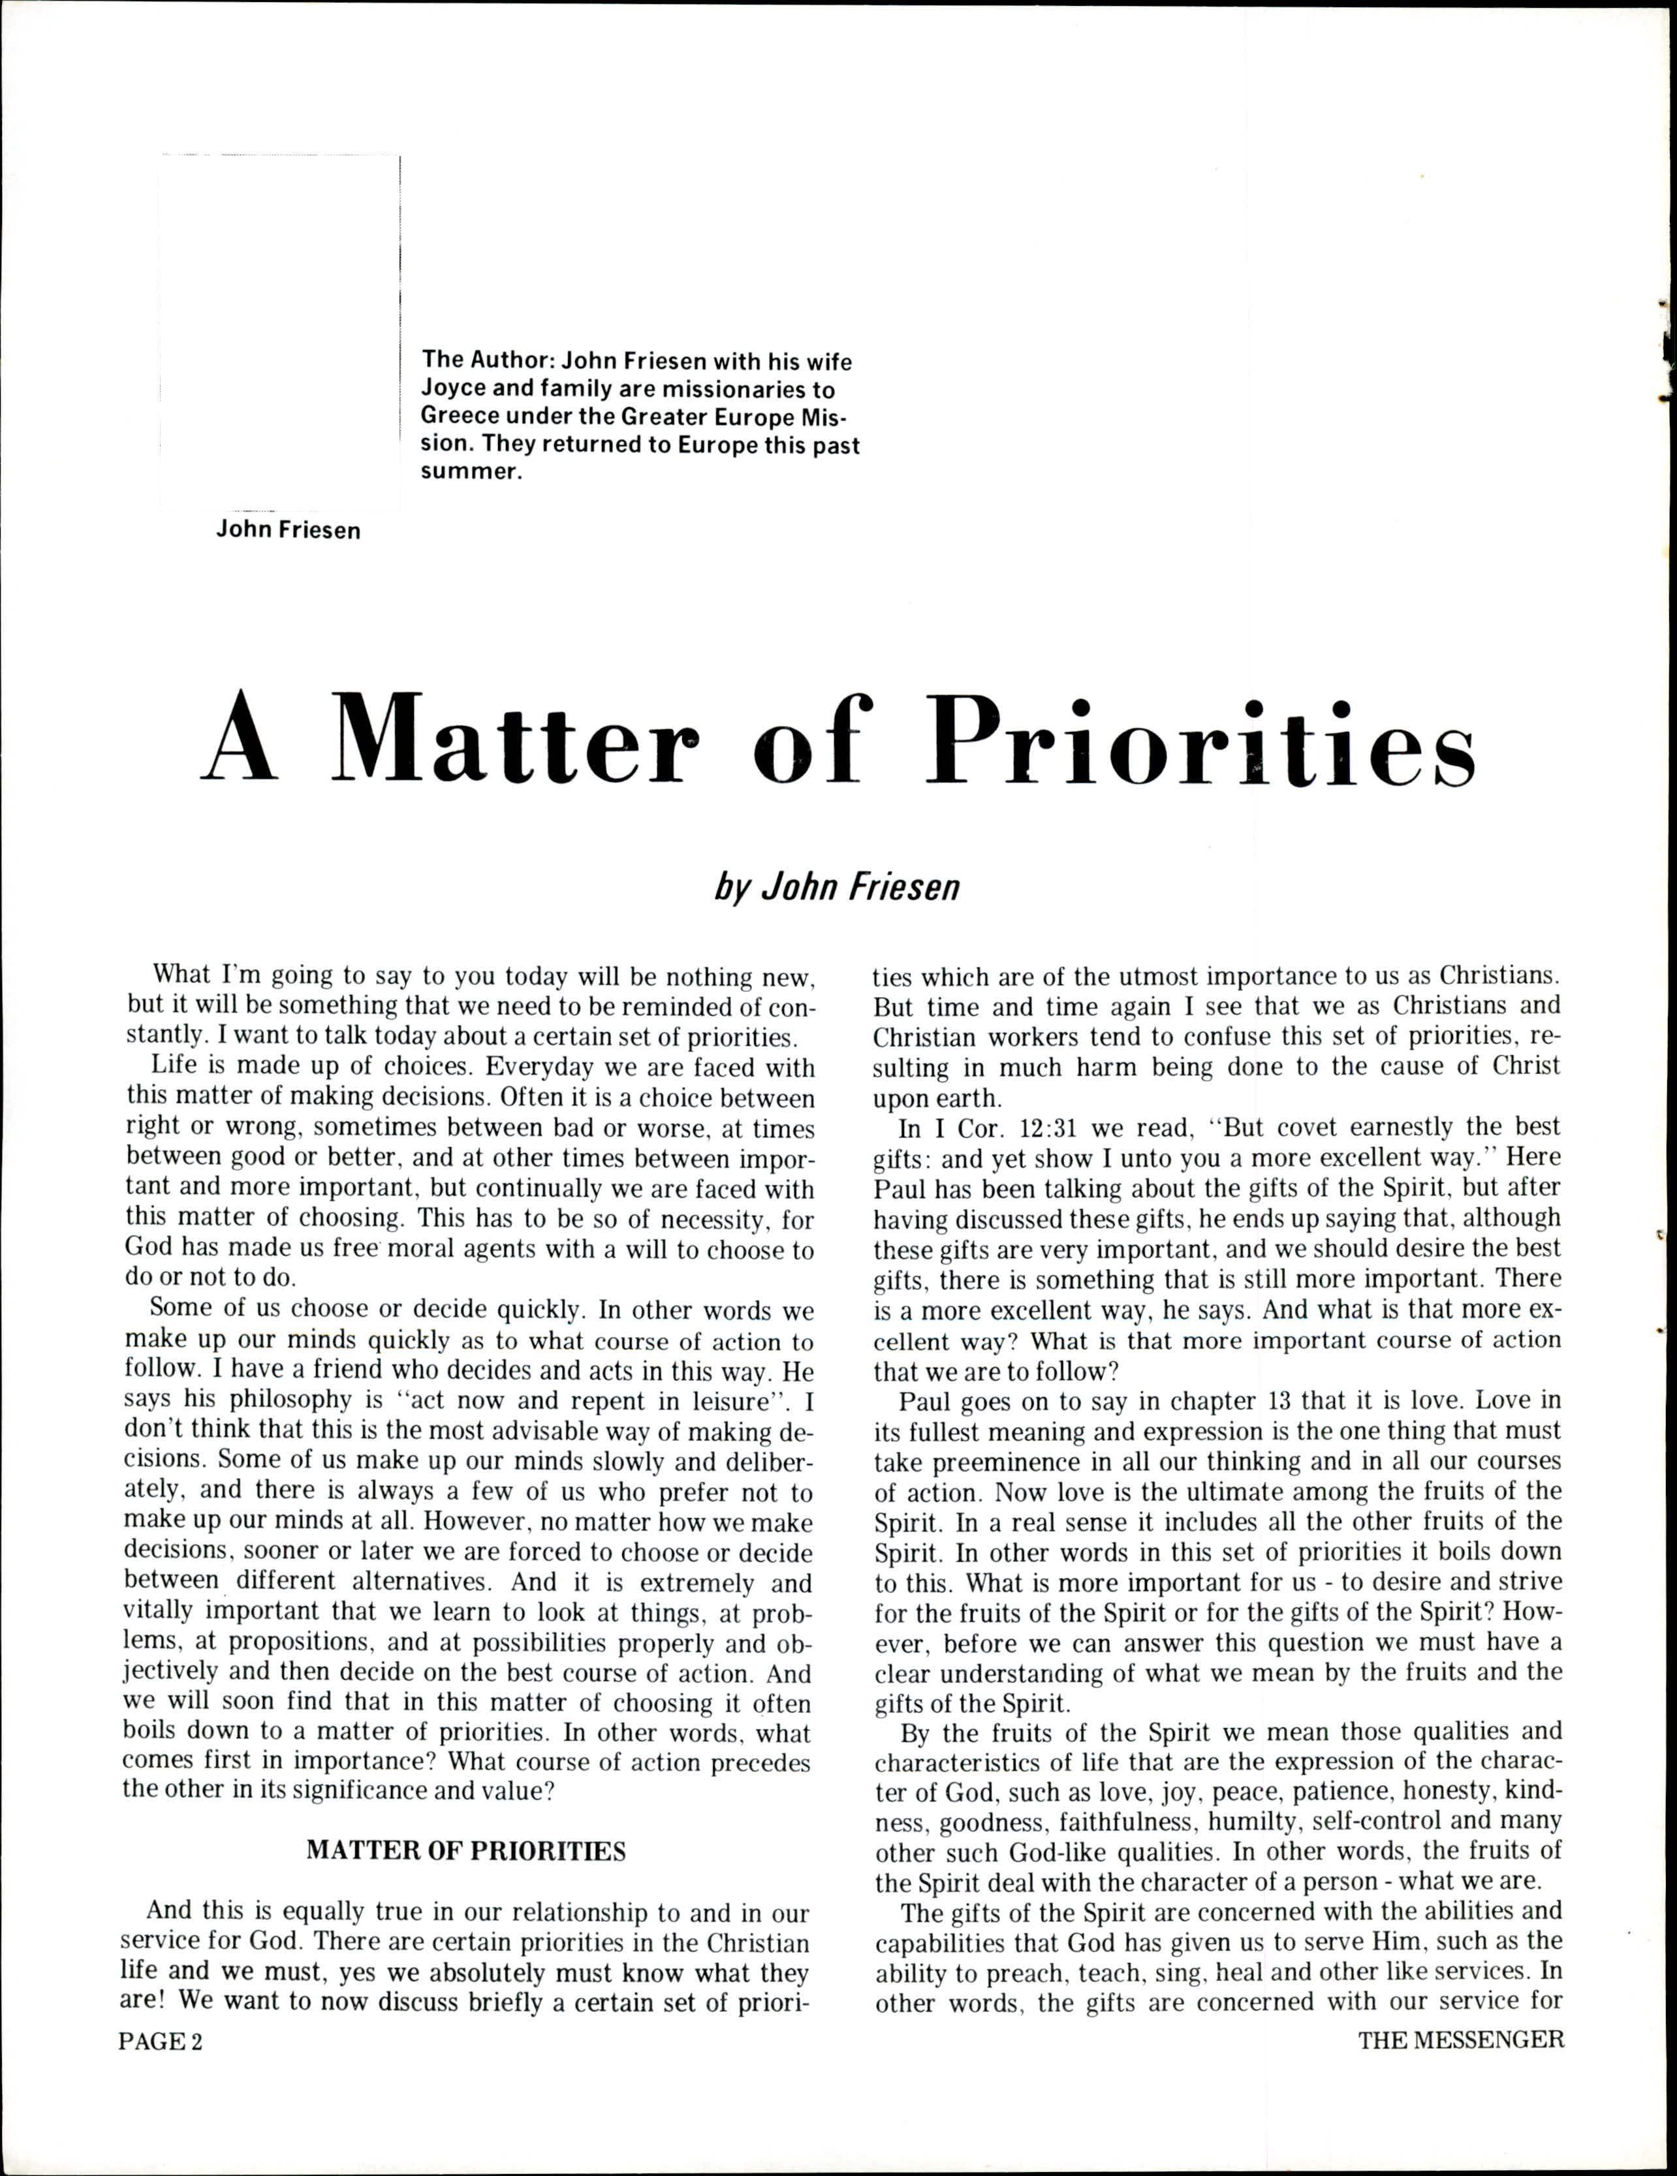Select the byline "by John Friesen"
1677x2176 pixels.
[x=837, y=887]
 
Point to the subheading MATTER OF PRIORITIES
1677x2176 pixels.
[x=466, y=1850]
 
